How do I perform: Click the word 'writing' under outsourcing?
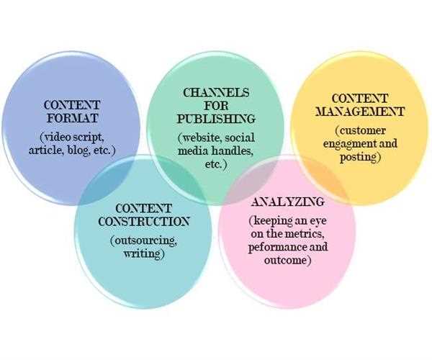143,253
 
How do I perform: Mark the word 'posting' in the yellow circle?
360,157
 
